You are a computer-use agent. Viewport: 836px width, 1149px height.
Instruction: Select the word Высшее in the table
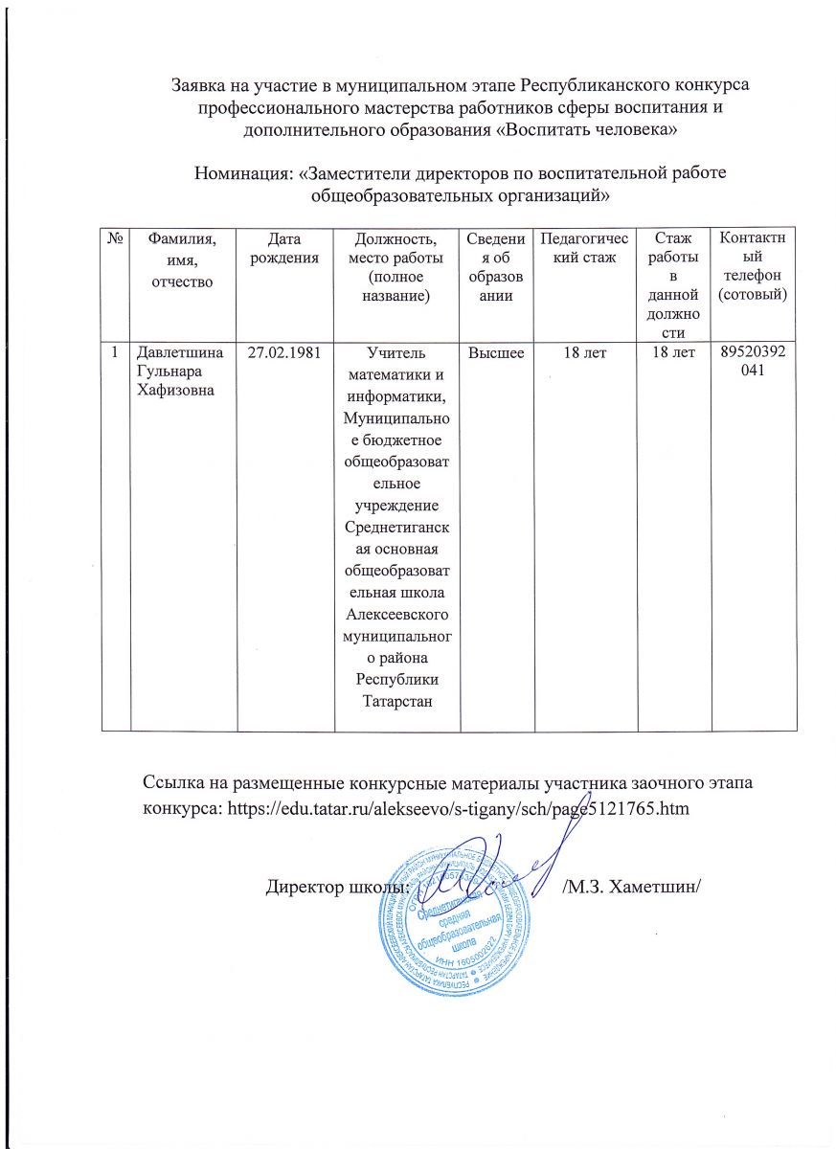tap(495, 353)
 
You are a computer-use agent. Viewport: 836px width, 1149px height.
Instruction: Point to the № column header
tap(115, 237)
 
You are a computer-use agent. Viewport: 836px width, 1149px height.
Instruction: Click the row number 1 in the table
tap(114, 353)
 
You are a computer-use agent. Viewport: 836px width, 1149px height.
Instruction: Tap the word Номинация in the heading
tap(244, 173)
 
